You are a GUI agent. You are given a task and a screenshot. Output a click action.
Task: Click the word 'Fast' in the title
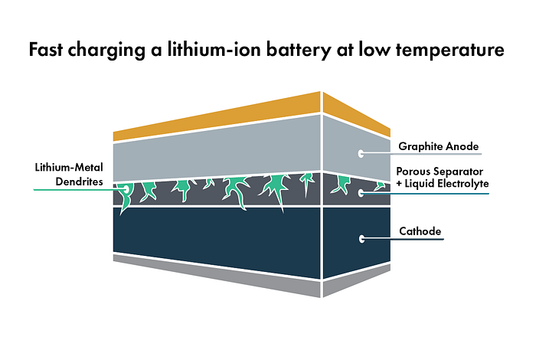46,49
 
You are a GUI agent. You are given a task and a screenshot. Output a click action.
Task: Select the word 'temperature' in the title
450,51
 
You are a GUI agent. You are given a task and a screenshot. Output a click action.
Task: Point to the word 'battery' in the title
298,51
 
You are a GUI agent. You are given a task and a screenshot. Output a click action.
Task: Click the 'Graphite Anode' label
439,146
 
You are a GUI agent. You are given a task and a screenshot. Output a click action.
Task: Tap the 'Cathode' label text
420,231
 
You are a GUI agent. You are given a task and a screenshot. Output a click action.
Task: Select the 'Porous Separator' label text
440,172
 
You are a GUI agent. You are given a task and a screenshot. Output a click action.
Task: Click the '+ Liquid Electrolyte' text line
443,184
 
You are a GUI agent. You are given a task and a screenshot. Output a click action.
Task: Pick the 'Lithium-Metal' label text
69,167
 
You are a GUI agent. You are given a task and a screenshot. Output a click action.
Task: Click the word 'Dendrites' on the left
80,182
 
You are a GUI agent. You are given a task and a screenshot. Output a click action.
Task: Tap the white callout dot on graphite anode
361,153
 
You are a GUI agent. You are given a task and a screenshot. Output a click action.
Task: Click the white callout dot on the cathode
361,239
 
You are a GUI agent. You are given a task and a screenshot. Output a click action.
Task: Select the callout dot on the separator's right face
361,193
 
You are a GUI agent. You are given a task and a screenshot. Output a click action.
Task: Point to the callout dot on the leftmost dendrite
126,188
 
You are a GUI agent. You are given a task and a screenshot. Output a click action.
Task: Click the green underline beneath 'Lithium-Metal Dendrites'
80,189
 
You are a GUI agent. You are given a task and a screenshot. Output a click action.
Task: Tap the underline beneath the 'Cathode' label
403,239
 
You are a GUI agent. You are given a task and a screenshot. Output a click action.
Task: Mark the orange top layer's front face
217,116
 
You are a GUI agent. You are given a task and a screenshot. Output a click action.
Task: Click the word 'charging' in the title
106,51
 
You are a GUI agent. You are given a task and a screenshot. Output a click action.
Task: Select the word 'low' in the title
374,49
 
